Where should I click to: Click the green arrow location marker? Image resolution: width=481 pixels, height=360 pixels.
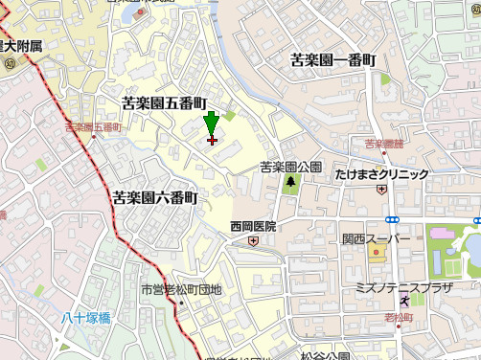pyautogui.click(x=212, y=124)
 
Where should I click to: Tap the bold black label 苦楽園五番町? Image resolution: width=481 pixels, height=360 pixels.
pyautogui.click(x=164, y=101)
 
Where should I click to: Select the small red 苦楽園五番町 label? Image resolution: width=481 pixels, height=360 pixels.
pyautogui.click(x=93, y=126)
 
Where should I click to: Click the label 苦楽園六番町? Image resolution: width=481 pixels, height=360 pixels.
pyautogui.click(x=154, y=197)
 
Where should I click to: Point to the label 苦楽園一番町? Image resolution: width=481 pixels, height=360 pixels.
pyautogui.click(x=333, y=60)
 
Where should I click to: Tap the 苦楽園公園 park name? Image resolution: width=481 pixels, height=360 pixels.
pyautogui.click(x=290, y=167)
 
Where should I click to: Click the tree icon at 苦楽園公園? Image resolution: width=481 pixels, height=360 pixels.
pyautogui.click(x=290, y=181)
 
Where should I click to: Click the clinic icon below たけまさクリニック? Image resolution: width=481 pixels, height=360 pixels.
pyautogui.click(x=381, y=189)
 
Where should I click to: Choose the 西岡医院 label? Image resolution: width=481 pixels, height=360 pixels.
pyautogui.click(x=253, y=227)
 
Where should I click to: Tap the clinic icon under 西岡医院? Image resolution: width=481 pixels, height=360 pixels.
pyautogui.click(x=252, y=241)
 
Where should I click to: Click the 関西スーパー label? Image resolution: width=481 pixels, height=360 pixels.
pyautogui.click(x=376, y=237)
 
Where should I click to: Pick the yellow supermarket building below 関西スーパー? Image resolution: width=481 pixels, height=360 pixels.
pyautogui.click(x=375, y=254)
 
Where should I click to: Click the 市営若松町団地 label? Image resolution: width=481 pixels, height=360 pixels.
pyautogui.click(x=181, y=289)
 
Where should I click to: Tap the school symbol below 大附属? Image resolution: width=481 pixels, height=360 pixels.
pyautogui.click(x=10, y=63)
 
